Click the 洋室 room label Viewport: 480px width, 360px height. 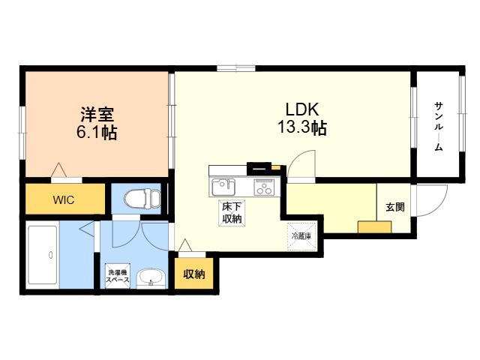pos(97,115)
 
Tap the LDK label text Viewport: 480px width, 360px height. pos(302,109)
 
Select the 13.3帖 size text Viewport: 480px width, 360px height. pos(302,127)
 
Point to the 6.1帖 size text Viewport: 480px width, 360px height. pos(97,133)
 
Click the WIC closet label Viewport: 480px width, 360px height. pos(63,200)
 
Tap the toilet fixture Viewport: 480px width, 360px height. pos(142,198)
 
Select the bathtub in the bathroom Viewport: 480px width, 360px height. pos(43,255)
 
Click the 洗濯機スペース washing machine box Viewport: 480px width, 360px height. pos(118,275)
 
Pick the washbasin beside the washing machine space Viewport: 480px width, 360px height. pos(151,278)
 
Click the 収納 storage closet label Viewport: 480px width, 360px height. pos(194,274)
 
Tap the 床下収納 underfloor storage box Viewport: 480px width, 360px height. pos(232,213)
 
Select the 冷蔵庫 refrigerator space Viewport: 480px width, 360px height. pos(301,236)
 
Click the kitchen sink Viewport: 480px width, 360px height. pos(223,187)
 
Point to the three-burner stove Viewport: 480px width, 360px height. pos(264,187)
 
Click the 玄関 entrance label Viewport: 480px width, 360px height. pos(395,207)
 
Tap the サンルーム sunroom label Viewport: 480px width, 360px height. pos(439,127)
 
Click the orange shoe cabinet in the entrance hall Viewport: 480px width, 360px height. pos(375,226)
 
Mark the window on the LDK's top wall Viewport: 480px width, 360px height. pos(236,68)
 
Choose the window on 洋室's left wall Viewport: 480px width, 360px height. pos(22,133)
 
